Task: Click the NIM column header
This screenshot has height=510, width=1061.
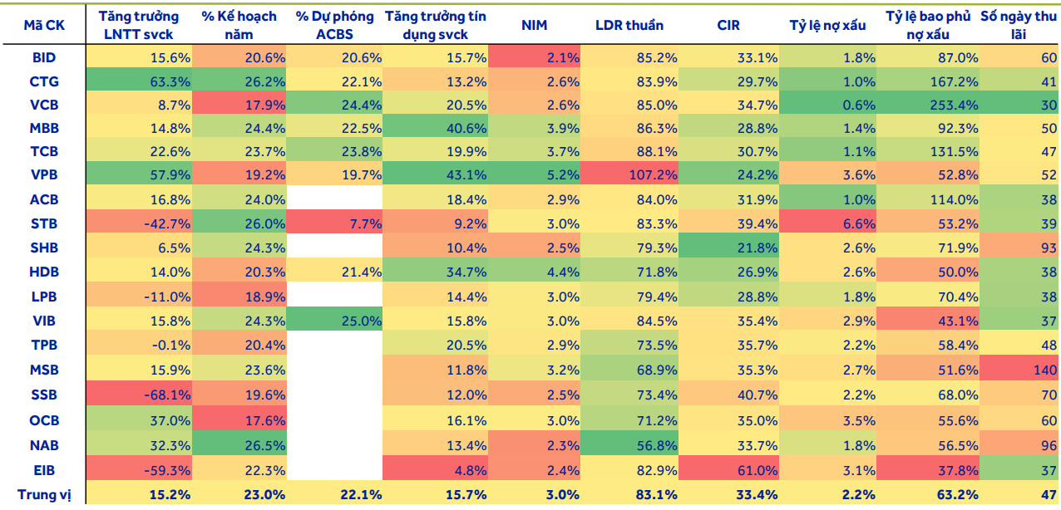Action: pyautogui.click(x=535, y=25)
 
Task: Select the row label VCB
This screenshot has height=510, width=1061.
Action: pyautogui.click(x=44, y=105)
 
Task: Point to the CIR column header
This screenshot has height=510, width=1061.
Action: pyautogui.click(x=728, y=25)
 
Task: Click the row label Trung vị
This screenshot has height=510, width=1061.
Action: pyautogui.click(x=44, y=494)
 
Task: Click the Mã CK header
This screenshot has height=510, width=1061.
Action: pyautogui.click(x=44, y=25)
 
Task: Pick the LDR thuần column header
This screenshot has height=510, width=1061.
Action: pyautogui.click(x=629, y=25)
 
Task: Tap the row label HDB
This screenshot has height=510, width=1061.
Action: pyautogui.click(x=44, y=272)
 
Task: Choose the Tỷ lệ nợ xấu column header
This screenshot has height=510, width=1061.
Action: pyautogui.click(x=827, y=25)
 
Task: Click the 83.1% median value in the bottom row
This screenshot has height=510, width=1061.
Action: pyautogui.click(x=656, y=494)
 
